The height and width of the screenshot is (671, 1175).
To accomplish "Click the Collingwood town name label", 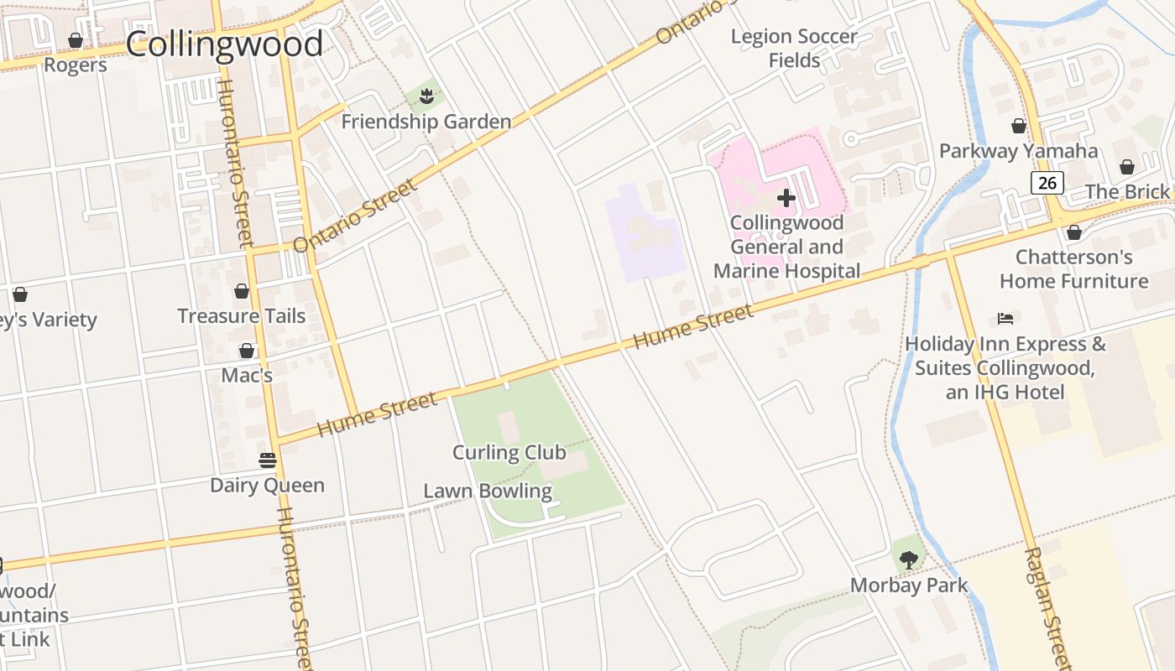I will pyautogui.click(x=224, y=44).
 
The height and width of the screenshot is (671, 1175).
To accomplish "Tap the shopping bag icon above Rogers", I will pyautogui.click(x=76, y=40).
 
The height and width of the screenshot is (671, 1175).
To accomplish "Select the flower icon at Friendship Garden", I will pyautogui.click(x=426, y=96).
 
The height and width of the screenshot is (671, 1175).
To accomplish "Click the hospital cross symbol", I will pyautogui.click(x=786, y=198).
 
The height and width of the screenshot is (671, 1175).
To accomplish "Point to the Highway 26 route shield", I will pyautogui.click(x=1047, y=183).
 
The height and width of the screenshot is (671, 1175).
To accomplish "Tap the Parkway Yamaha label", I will pyautogui.click(x=1018, y=151).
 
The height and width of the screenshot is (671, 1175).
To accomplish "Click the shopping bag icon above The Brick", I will pyautogui.click(x=1126, y=167).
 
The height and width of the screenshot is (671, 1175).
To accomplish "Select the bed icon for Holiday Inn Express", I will pyautogui.click(x=1005, y=318).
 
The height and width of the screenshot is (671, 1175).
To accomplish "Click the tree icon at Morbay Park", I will pyautogui.click(x=908, y=559).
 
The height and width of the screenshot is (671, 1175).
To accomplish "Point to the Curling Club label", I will pyautogui.click(x=509, y=453).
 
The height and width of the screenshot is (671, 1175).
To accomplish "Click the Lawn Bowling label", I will pyautogui.click(x=488, y=491).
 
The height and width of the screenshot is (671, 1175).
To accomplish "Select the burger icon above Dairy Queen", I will pyautogui.click(x=267, y=460).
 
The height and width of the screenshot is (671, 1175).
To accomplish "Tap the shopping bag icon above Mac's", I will pyautogui.click(x=247, y=350).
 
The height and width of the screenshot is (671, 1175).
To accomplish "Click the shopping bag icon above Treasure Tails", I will pyautogui.click(x=242, y=291).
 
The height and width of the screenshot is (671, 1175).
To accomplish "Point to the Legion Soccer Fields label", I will pyautogui.click(x=794, y=48).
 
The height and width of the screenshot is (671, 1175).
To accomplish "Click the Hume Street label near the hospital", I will pyautogui.click(x=692, y=327).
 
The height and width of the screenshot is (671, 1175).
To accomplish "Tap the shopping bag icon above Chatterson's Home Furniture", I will pyautogui.click(x=1073, y=232).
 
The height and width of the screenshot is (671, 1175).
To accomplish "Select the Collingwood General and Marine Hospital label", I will pyautogui.click(x=786, y=247).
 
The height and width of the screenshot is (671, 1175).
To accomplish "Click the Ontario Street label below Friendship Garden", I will pyautogui.click(x=356, y=216).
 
